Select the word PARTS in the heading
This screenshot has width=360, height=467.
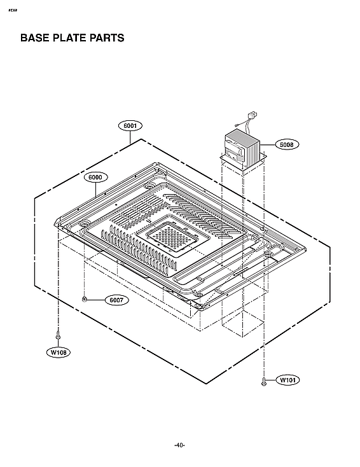[106, 38]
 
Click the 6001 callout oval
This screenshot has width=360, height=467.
[130, 125]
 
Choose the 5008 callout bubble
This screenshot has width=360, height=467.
[287, 144]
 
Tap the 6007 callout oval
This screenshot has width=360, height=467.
[115, 300]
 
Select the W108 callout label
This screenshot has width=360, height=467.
[59, 351]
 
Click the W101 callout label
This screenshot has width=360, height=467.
[287, 380]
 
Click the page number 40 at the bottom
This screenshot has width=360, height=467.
[179, 445]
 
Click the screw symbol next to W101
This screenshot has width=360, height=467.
[263, 380]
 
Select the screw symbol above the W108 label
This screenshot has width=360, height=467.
[59, 334]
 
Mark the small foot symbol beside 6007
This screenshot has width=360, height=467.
[85, 299]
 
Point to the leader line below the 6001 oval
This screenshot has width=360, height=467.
[130, 135]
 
